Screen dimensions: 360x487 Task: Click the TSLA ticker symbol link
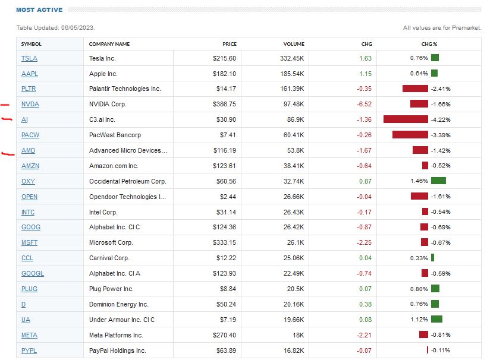tap(29, 58)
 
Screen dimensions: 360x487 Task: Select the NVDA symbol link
tap(30, 105)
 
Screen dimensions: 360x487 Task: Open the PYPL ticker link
tap(29, 351)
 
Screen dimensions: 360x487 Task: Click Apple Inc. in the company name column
tap(103, 74)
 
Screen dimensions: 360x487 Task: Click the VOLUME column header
tap(294, 44)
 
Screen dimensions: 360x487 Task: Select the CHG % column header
tap(429, 44)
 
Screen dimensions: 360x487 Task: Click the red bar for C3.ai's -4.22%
tap(406, 119)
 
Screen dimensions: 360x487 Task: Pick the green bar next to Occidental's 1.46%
tap(438, 181)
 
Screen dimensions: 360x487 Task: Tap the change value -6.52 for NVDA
tap(363, 105)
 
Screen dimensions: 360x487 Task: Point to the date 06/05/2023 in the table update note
tap(79, 28)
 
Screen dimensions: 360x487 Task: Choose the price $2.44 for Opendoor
tap(228, 197)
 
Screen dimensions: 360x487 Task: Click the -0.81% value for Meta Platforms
tap(441, 336)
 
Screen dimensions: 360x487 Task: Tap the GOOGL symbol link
tap(32, 274)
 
